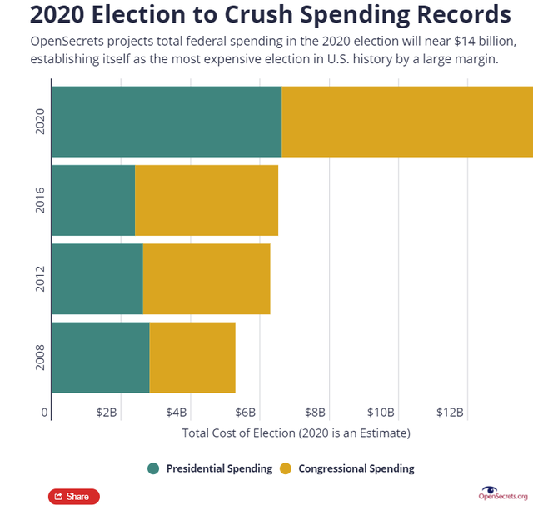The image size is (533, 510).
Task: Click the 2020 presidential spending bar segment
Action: click(x=167, y=122)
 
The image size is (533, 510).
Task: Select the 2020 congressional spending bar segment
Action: click(x=407, y=122)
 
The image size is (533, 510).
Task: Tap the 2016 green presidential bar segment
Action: click(x=93, y=200)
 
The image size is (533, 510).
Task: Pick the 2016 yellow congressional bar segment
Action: click(x=207, y=200)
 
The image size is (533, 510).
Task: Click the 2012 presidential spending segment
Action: click(x=97, y=278)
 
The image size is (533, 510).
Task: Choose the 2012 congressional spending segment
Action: click(x=207, y=278)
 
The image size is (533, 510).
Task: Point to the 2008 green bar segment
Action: click(x=101, y=357)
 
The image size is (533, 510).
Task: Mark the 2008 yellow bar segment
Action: click(x=192, y=357)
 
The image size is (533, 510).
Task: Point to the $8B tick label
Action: click(x=314, y=412)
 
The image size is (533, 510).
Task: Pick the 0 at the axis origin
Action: click(x=44, y=412)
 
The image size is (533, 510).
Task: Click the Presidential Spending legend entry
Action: click(x=210, y=468)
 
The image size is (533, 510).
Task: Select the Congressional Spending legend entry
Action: click(x=348, y=468)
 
